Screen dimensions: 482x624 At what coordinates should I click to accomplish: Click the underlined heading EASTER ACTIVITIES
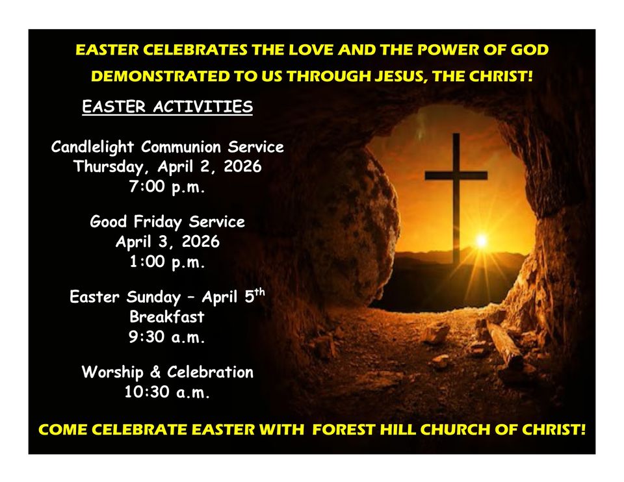point(167,107)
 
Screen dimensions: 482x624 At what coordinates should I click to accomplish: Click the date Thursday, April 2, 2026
point(167,167)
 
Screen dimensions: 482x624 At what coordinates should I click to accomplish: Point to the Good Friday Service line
point(167,222)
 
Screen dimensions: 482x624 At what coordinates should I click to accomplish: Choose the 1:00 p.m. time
point(167,262)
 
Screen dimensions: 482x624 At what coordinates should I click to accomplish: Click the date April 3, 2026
point(167,242)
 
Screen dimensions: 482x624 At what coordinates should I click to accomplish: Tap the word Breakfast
point(167,317)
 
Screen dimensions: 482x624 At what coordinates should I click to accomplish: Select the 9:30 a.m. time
point(167,337)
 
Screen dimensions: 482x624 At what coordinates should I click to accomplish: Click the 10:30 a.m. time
point(167,392)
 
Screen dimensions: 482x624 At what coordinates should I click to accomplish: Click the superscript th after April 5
point(259,292)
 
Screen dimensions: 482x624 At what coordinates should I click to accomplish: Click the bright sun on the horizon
point(481,241)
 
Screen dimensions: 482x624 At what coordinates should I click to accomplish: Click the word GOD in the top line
point(529,49)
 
